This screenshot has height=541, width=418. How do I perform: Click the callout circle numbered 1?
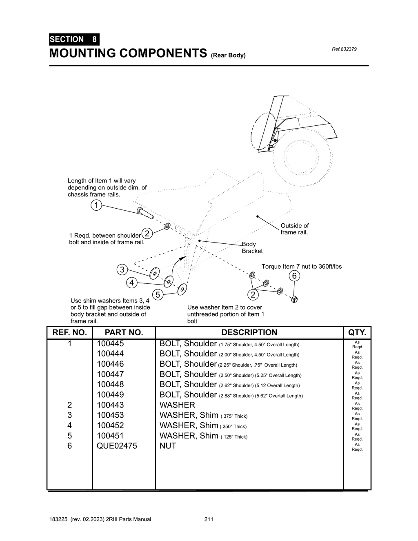coord(96,205)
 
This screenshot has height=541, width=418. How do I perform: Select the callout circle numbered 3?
coord(122,269)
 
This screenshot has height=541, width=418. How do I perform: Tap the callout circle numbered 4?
coord(131,283)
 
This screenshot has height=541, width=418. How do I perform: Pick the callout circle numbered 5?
coord(157,294)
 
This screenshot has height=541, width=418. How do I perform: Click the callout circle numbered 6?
coord(294,276)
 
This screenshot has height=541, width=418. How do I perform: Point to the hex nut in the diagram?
coord(294,300)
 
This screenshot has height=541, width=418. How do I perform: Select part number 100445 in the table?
coord(110,344)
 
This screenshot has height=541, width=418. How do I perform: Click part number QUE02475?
coord(117,446)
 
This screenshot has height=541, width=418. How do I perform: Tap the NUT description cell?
coord(168,446)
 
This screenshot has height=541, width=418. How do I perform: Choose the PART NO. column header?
coord(124,332)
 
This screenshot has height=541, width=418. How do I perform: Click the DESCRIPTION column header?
coord(249,332)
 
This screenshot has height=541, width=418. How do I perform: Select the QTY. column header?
coord(357,332)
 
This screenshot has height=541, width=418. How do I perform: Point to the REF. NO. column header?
coord(70,332)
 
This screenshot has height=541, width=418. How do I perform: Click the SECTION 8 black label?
coord(73,40)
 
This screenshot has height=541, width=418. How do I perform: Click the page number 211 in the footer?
coord(209,519)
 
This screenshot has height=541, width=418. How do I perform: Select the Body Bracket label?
coord(252,247)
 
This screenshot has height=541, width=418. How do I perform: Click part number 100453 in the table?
coord(110,415)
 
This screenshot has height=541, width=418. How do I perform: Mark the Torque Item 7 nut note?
coord(301,267)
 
